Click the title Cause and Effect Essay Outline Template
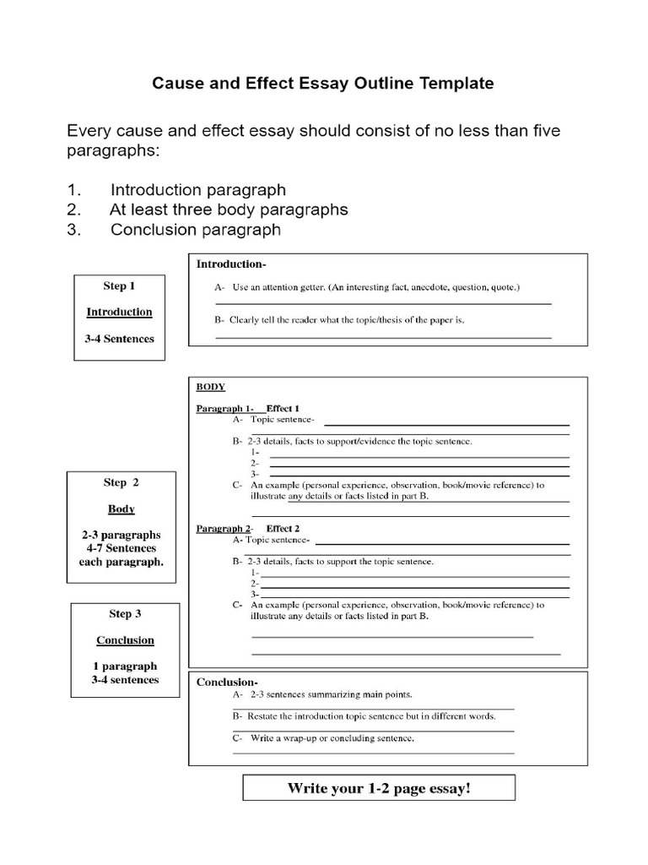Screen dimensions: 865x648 coord(322,84)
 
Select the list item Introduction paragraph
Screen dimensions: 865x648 coord(197,190)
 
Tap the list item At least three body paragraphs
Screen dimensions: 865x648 coord(229,209)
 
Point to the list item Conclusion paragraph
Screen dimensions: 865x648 coord(195,230)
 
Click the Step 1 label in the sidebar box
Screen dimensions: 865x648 coord(119,286)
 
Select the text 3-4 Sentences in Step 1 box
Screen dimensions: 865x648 coord(119,338)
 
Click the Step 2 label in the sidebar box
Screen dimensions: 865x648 coord(121,482)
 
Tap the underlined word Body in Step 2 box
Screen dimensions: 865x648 coord(121,509)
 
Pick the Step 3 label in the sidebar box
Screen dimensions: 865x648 coord(125,613)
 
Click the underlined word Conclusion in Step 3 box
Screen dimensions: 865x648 coord(125,640)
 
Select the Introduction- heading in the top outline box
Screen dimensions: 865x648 coord(231,264)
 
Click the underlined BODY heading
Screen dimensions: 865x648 coord(211,387)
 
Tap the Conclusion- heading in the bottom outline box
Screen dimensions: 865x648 coord(227,682)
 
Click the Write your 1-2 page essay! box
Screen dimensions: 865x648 coord(379,789)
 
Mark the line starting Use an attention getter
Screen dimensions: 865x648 coord(376,287)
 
